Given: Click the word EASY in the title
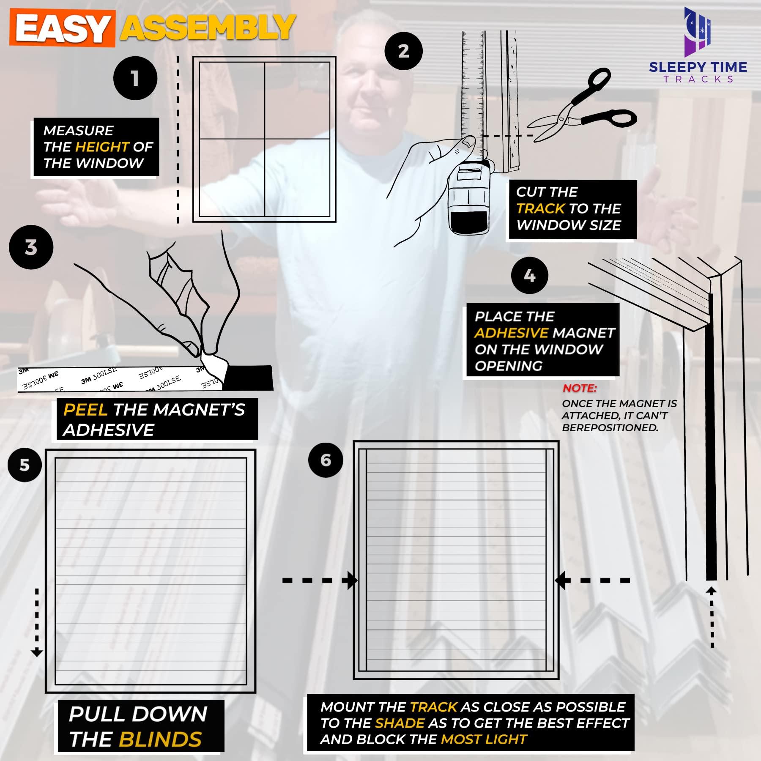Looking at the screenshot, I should coord(63,29).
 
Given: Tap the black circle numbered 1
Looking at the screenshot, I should coord(135,78).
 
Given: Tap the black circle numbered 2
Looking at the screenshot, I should coord(404,51).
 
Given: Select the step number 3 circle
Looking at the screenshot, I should coord(31,247).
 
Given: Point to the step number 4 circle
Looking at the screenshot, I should coord(530,276).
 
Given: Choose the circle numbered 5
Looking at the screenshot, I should coord(25,465).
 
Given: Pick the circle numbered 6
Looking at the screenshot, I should coord(326,460).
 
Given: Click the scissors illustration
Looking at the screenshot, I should coord(583,108).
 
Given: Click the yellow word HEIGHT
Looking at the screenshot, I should coord(101,147).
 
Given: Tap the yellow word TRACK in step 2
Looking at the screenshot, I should coord(540,208).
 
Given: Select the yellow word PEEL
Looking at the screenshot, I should coord(85,410).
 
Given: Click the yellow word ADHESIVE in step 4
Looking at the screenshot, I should coord(511,333).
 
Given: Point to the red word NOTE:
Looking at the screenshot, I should coord(579,388).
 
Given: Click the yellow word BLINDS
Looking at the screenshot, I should coord(160,739).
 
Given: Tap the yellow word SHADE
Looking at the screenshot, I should coord(400,723).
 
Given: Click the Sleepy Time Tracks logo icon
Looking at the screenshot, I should coord(698,32).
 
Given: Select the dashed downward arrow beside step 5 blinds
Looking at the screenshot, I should coord(37,621).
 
